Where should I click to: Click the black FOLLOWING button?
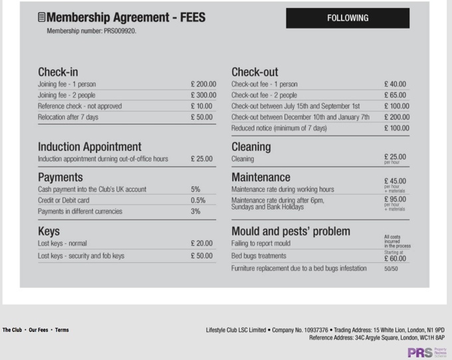[x=347, y=18]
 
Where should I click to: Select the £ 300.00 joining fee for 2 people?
[x=203, y=95]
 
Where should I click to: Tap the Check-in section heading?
[x=58, y=72]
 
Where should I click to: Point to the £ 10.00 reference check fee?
[x=201, y=106]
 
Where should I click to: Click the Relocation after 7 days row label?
[x=68, y=118]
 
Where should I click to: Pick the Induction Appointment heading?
[x=89, y=147]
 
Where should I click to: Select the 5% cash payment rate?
[x=195, y=189]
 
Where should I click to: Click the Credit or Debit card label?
[x=64, y=200]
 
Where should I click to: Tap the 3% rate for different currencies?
[x=195, y=211]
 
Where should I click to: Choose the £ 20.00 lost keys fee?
[x=201, y=244]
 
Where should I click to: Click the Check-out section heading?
[x=255, y=72]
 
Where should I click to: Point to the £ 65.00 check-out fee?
[x=395, y=95]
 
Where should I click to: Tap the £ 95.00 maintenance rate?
[x=395, y=199]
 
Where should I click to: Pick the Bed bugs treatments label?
[x=259, y=256]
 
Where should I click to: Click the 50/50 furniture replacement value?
[x=391, y=268]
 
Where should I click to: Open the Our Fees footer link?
[x=39, y=330]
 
